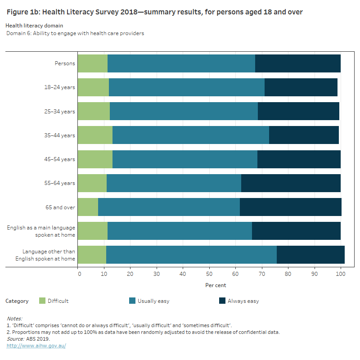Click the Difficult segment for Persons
[93, 63]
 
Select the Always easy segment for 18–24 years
[301, 87]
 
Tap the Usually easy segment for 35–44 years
[191, 135]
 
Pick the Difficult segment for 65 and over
[88, 207]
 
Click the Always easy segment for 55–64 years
[291, 183]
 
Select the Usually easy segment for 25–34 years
[184, 111]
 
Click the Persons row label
[65, 63]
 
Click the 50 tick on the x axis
[209, 273]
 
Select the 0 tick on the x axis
[78, 273]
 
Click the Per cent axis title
[216, 285]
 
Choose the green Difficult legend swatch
[42, 301]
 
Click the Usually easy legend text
[153, 301]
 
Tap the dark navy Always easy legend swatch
[222, 301]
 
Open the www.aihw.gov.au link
[36, 346]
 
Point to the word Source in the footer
[15, 339]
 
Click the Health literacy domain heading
[35, 26]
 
